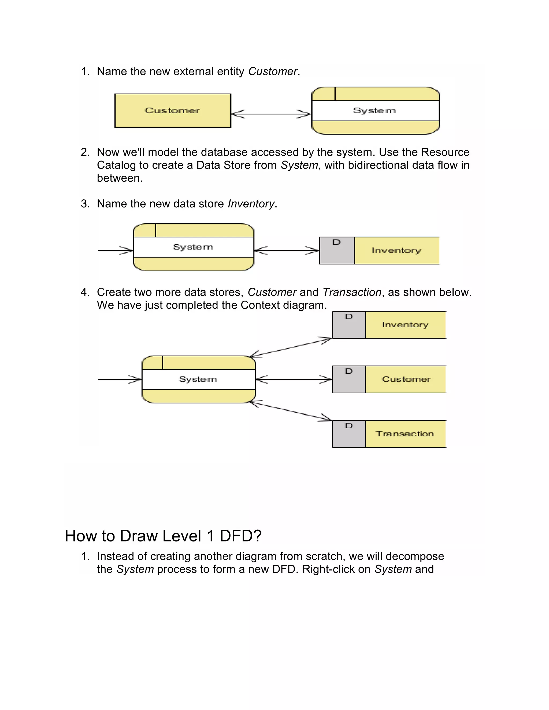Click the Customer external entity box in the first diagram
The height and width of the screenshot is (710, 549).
pos(173,111)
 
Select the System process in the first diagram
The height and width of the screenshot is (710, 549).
pos(375,111)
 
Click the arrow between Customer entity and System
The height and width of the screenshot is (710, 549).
pos(271,114)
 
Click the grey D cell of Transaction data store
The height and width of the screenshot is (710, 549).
pos(349,434)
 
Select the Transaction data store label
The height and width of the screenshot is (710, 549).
pos(405,434)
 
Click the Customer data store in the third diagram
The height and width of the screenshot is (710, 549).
pos(406,379)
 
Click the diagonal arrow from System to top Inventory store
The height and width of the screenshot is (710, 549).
pos(290,347)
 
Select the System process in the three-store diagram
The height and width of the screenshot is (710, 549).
pos(198,379)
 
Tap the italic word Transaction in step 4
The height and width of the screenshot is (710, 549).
pos(352,292)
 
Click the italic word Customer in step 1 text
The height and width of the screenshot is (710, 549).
pos(273,72)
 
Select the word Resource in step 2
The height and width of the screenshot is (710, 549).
pos(445,152)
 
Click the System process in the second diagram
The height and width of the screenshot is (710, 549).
pos(194,247)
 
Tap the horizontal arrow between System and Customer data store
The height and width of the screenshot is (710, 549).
pos(294,379)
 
